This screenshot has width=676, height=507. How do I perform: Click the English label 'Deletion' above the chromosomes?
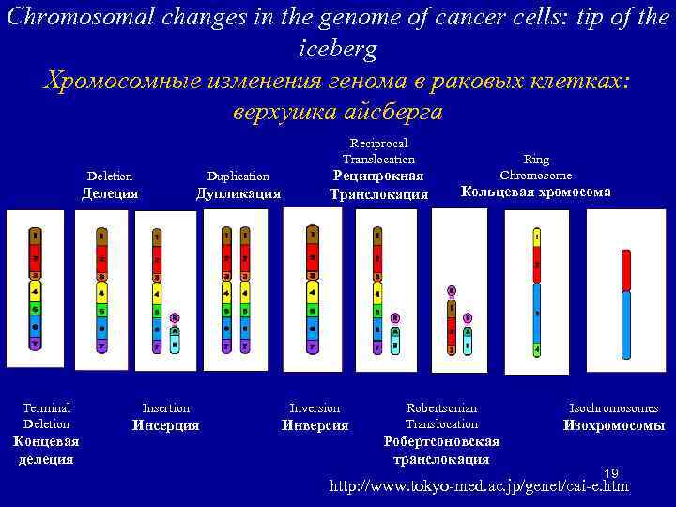coord(110,176)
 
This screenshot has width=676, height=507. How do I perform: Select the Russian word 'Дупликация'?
coord(238,194)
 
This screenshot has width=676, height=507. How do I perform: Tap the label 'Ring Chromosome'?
coord(536,167)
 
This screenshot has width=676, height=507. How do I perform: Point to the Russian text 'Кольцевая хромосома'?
coord(535,192)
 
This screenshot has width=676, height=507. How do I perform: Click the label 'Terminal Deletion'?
coord(47,415)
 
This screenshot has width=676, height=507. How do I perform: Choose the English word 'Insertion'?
coord(165,407)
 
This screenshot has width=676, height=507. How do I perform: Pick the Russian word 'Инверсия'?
coord(315,425)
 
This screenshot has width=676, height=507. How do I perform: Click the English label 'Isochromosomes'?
coord(614,407)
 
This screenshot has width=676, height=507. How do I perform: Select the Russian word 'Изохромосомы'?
coord(614,425)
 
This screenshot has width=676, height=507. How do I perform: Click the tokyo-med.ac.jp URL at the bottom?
coord(479,486)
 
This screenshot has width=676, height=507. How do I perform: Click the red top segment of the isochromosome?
coord(626,270)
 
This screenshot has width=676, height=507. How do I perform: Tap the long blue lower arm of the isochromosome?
coord(626,325)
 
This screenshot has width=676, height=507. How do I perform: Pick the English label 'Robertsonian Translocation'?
coord(441,415)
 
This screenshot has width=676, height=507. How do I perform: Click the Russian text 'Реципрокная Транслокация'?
coord(378,185)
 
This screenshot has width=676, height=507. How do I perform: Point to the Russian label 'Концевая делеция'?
coord(47,450)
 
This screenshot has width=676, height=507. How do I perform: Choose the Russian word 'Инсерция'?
coord(165,425)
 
